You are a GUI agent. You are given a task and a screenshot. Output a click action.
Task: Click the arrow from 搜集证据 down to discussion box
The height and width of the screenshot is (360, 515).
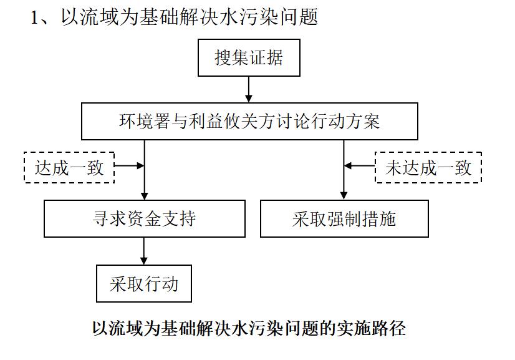249,89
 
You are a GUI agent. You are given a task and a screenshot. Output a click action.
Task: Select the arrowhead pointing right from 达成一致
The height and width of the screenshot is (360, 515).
140,165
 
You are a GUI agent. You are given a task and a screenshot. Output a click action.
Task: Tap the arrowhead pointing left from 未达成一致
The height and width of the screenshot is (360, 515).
348,166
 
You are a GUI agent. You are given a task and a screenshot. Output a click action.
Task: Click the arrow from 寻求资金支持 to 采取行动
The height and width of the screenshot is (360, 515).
144,251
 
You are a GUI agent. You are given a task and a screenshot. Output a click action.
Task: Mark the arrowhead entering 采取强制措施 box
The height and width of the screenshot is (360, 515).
344,196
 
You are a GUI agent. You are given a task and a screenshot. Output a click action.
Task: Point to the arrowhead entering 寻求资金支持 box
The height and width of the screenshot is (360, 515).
145,196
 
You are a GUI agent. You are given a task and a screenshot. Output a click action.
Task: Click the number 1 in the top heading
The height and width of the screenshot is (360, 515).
34,17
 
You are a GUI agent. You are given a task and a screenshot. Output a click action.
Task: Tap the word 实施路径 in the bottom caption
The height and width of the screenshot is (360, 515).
372,328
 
